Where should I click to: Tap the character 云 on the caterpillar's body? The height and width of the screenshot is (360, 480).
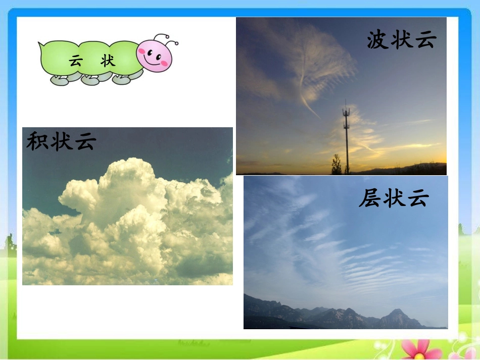pos(76,62)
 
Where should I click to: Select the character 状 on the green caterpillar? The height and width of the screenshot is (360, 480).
pos(108,61)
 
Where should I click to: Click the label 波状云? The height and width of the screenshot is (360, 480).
pos(401,39)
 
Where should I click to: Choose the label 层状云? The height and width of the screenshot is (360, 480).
pos(394,197)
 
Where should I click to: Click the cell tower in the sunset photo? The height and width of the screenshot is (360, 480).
pos(346,139)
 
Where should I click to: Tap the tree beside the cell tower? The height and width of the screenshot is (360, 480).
pos(336,166)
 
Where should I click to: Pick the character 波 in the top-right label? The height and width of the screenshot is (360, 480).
pos(378,39)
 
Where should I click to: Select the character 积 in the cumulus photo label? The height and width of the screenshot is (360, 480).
pos(37,141)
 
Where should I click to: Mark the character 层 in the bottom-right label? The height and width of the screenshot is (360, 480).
pos(370,198)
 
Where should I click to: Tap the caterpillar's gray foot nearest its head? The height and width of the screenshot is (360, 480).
pos(122,79)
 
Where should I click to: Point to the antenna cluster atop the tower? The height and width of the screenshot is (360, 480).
pos(346,110)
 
